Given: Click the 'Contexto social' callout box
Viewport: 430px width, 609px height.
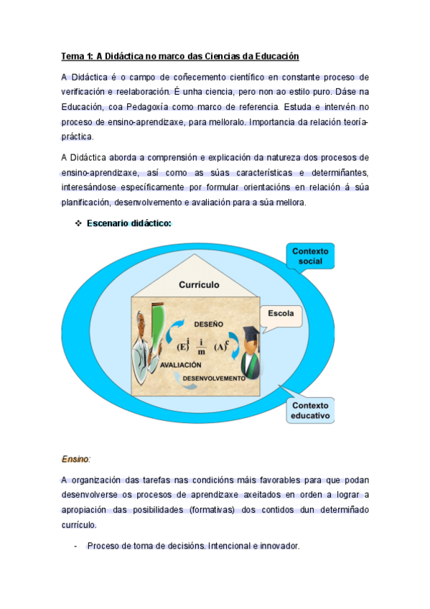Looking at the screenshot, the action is [310, 256].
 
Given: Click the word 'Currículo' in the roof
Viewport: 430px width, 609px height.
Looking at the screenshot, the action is [200, 285].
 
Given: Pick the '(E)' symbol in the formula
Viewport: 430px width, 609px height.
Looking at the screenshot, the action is [183, 345].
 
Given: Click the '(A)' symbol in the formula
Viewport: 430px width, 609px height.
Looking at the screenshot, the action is [223, 345].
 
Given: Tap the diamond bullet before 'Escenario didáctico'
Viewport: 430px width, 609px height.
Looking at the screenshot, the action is [78, 223].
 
